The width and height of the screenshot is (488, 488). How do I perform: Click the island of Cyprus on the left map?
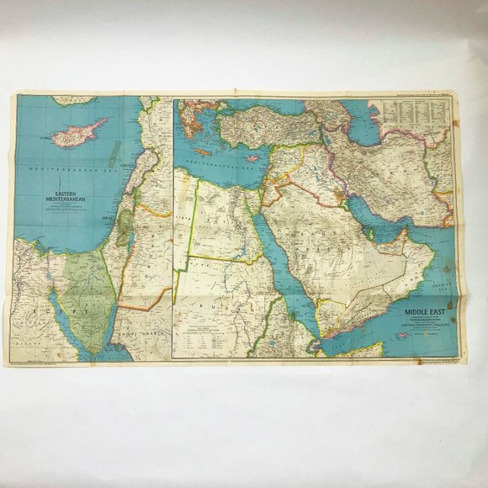(79, 133)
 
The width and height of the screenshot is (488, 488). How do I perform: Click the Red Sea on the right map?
(286, 269)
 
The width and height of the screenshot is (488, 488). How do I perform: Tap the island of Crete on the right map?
(202, 152)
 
